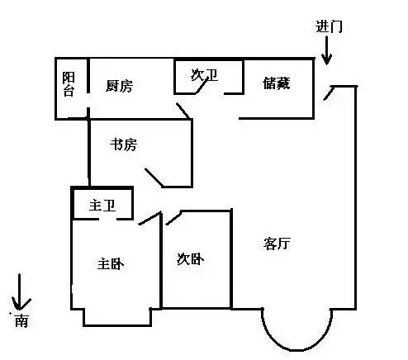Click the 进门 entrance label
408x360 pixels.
pos(329,26)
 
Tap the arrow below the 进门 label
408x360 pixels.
pos(327,50)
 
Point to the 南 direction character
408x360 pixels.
pos(21,320)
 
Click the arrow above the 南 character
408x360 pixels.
pos(20,291)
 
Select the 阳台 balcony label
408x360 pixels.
pos(69,84)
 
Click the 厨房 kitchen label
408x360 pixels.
pos(119,86)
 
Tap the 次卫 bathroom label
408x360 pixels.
pos(204,75)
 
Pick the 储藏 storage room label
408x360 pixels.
pos(276,83)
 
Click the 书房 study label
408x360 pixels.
pos(123,144)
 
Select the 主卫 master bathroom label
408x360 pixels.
pos(102,206)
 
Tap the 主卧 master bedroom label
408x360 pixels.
pos(111,264)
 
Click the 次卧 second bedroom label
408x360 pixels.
pos(190,258)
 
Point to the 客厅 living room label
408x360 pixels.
pos(277,244)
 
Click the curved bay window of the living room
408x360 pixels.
pos(297,350)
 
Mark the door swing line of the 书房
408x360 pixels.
pos(154,178)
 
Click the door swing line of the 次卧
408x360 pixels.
pos(173,218)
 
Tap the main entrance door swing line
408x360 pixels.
pos(329,93)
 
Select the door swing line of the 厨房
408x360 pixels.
pos(183,111)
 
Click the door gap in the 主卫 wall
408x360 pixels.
pos(107,219)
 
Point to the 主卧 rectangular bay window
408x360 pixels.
pos(117,325)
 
